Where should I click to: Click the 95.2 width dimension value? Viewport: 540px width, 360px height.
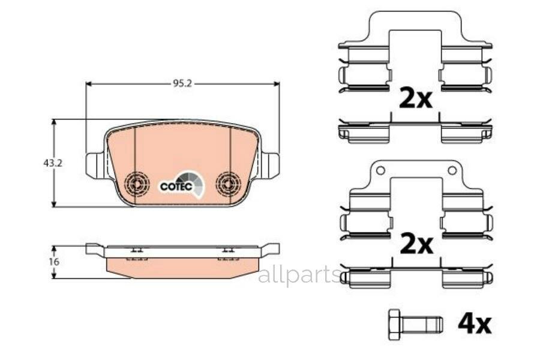(x=182, y=84)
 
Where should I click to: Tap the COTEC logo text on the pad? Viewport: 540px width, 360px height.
(x=176, y=187)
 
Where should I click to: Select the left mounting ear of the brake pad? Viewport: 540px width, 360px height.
(x=95, y=166)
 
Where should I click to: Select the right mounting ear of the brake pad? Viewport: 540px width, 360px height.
(x=271, y=165)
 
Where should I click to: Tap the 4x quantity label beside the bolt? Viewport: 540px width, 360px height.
(x=474, y=325)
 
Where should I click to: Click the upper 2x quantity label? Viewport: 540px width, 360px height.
(x=415, y=99)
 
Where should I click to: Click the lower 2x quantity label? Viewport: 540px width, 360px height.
(x=415, y=244)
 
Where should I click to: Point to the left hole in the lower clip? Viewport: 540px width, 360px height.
(x=380, y=170)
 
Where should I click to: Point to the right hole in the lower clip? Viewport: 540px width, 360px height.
(x=452, y=170)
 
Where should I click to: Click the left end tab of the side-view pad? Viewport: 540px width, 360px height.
(x=94, y=248)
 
